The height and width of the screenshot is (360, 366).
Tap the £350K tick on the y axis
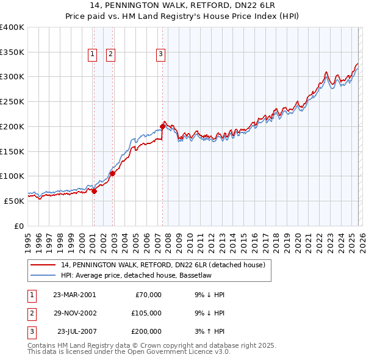[12, 52]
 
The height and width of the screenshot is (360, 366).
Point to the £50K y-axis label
[14, 201]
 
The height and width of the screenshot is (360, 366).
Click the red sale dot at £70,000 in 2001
[95, 191]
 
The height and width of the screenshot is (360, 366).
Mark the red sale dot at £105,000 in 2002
[113, 173]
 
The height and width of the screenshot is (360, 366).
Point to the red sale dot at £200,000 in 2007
[163, 126]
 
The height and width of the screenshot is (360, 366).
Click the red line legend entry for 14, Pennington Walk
[163, 265]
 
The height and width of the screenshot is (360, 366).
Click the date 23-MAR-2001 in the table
[74, 295]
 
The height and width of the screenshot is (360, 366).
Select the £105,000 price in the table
[146, 313]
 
